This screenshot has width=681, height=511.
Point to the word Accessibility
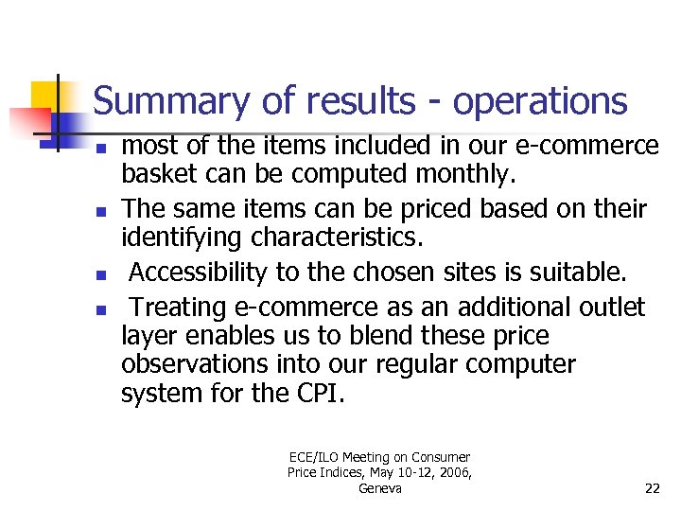198,273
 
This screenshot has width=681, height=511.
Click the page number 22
652,488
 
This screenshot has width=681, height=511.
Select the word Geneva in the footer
380,488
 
